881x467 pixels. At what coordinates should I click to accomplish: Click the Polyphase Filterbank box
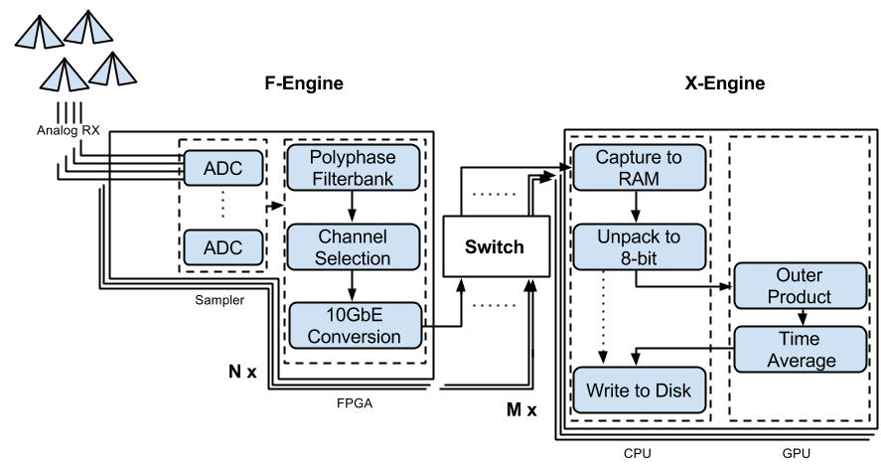(353, 168)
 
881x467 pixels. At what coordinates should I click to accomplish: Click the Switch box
(495, 246)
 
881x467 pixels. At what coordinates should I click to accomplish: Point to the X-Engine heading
(725, 83)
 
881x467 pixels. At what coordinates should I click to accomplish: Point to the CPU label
(636, 455)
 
